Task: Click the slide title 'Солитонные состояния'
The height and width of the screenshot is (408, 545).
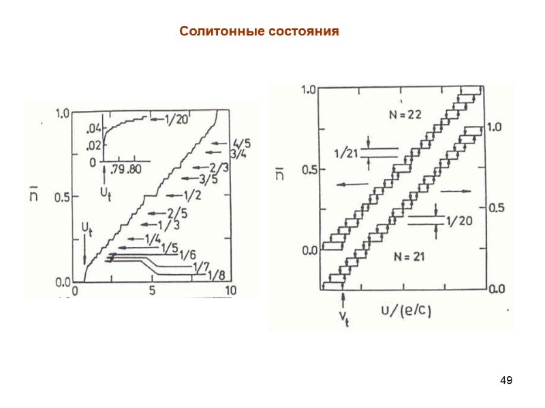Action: coord(259,32)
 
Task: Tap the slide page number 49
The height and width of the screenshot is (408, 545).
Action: coord(505,379)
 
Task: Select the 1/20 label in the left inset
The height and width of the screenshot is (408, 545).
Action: coord(175,120)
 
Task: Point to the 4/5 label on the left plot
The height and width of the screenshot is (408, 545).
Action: coord(240,143)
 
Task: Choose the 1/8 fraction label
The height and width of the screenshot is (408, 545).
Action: coord(216,275)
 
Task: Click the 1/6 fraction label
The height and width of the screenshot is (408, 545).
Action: coord(188,254)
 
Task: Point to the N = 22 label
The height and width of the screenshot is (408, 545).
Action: coord(405,115)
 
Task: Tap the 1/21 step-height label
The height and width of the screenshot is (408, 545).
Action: coord(345,152)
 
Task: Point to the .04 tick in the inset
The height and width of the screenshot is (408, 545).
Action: coord(94,129)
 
